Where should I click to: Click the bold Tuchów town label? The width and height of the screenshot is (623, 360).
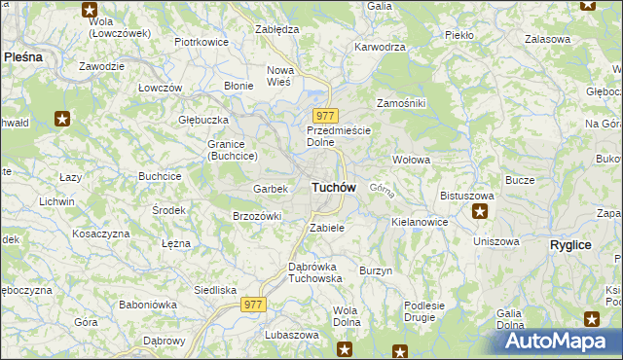click(333, 187)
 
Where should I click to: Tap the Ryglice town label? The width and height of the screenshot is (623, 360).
click(570, 245)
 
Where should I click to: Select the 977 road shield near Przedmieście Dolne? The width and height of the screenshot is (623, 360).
click(325, 116)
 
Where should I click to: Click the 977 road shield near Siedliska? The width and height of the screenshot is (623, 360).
click(254, 305)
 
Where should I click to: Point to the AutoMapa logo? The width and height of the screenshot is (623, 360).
click(557, 340)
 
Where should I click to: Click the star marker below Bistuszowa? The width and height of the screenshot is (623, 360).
click(479, 210)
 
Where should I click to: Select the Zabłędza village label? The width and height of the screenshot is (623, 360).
click(275, 29)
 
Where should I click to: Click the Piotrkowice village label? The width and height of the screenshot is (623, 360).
click(201, 43)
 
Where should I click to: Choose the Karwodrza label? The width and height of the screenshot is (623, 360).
click(380, 46)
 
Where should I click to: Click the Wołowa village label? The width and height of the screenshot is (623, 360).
click(411, 159)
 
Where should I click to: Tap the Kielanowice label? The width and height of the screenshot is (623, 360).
click(420, 222)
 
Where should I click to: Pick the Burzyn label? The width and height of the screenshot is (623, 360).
click(376, 270)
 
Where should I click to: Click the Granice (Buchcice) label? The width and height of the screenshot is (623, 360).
click(232, 150)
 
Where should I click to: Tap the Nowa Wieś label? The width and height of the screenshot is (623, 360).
click(280, 76)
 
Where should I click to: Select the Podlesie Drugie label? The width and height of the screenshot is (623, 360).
click(424, 311)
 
